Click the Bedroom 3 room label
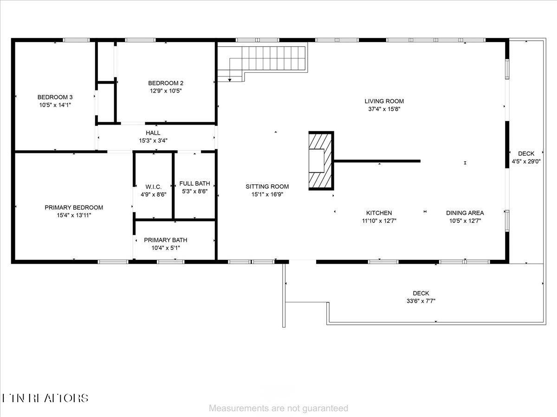[55, 97]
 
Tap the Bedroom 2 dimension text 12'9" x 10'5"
[162, 91]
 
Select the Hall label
[153, 133]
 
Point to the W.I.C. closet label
[154, 186]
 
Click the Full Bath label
[194, 183]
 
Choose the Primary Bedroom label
[74, 207]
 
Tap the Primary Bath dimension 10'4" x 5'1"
[166, 248]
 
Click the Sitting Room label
[267, 186]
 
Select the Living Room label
[384, 101]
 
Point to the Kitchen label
[379, 213]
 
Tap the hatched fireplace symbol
[321, 160]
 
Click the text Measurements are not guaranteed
[278, 408]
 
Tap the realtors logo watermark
[45, 398]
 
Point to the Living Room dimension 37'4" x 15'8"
[384, 109]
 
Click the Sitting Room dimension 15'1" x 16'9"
[267, 195]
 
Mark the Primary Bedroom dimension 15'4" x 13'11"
[74, 215]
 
